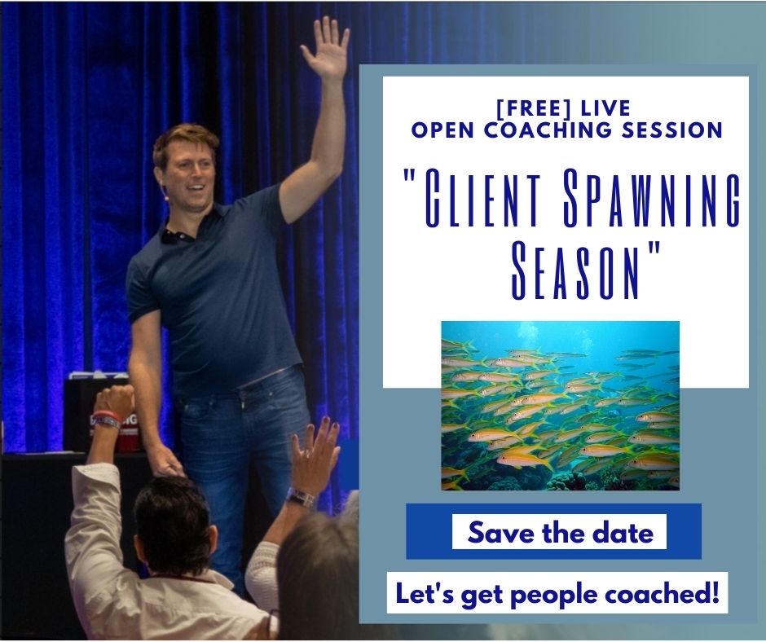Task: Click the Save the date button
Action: click(559, 531)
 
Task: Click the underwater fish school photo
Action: click(560, 406)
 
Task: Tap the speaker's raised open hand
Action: click(326, 46)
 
